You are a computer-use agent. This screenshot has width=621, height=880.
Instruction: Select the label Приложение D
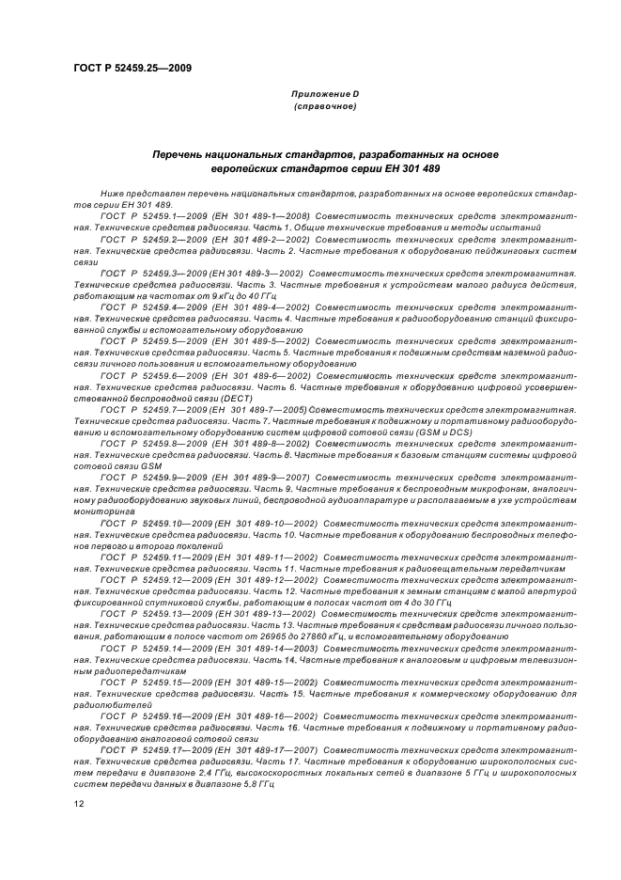[323, 95]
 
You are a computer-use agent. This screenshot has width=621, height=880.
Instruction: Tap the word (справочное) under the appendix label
[323, 107]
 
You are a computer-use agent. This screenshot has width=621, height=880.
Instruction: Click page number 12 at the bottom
[80, 804]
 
